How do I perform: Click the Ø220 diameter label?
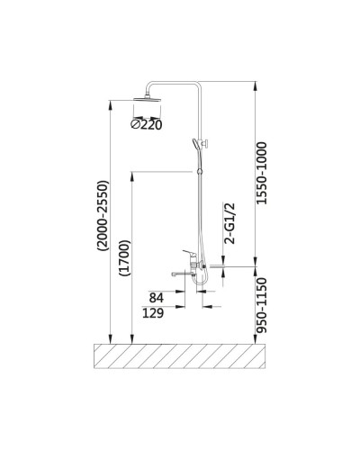[147, 124]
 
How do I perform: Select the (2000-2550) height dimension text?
[103, 215]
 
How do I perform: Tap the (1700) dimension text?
[125, 258]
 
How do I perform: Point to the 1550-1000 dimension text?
[261, 174]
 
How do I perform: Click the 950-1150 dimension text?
[261, 305]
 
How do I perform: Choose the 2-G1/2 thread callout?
[229, 223]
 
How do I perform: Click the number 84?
[157, 298]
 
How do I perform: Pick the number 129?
[153, 313]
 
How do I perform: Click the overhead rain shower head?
[147, 99]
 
